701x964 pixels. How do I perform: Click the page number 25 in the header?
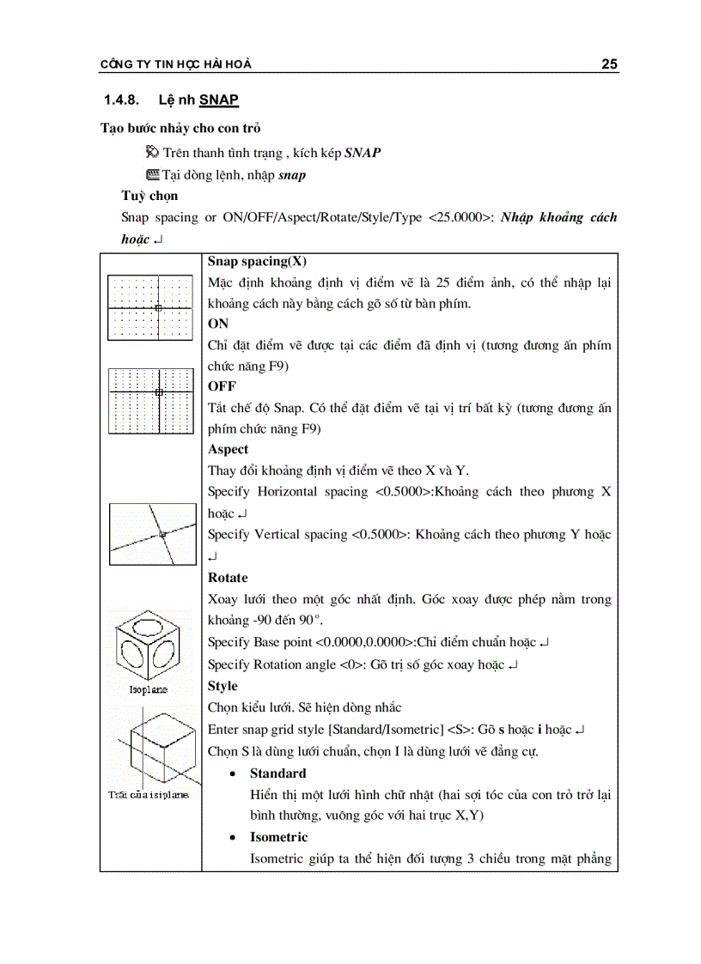[x=609, y=64]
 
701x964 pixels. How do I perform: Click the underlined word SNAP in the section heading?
[x=219, y=100]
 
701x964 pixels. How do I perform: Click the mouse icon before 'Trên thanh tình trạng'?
[x=153, y=153]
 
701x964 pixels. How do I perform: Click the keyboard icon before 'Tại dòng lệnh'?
[x=153, y=174]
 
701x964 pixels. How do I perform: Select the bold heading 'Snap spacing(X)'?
[x=257, y=262]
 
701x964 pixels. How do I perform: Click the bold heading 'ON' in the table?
[x=218, y=324]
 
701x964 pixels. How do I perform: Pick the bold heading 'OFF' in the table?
[x=222, y=387]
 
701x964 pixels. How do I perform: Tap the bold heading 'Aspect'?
[x=228, y=449]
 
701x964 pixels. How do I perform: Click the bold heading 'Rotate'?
[x=228, y=578]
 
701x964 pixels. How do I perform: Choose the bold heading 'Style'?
[x=222, y=686]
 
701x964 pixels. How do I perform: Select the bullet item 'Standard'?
[x=277, y=773]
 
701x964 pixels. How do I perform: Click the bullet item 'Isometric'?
[x=278, y=837]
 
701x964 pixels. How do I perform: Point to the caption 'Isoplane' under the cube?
[x=149, y=688]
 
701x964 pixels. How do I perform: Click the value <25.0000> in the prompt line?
[x=460, y=217]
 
